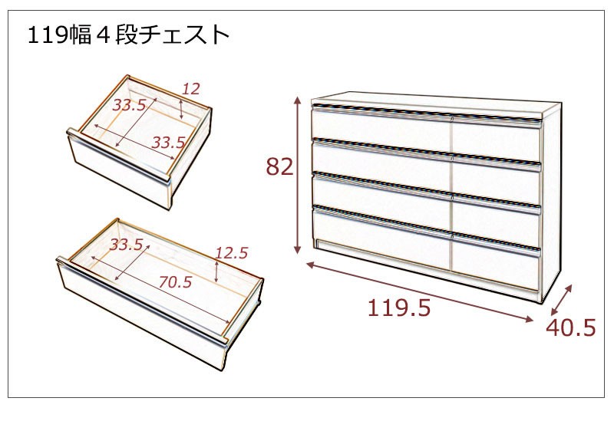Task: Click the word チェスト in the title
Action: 183,35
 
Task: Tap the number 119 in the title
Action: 47,35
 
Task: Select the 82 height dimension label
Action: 279,166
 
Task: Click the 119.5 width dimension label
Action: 398,308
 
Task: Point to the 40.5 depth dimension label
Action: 570,327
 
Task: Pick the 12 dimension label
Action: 191,89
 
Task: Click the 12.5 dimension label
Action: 232,253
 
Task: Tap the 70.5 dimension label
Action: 176,281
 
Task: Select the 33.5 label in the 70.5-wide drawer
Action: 126,245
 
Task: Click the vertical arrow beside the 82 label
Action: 298,175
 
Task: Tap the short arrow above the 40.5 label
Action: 561,300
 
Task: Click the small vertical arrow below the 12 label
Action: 181,109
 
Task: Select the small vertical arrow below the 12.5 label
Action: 217,271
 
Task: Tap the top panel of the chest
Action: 435,103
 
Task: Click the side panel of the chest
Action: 551,203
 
